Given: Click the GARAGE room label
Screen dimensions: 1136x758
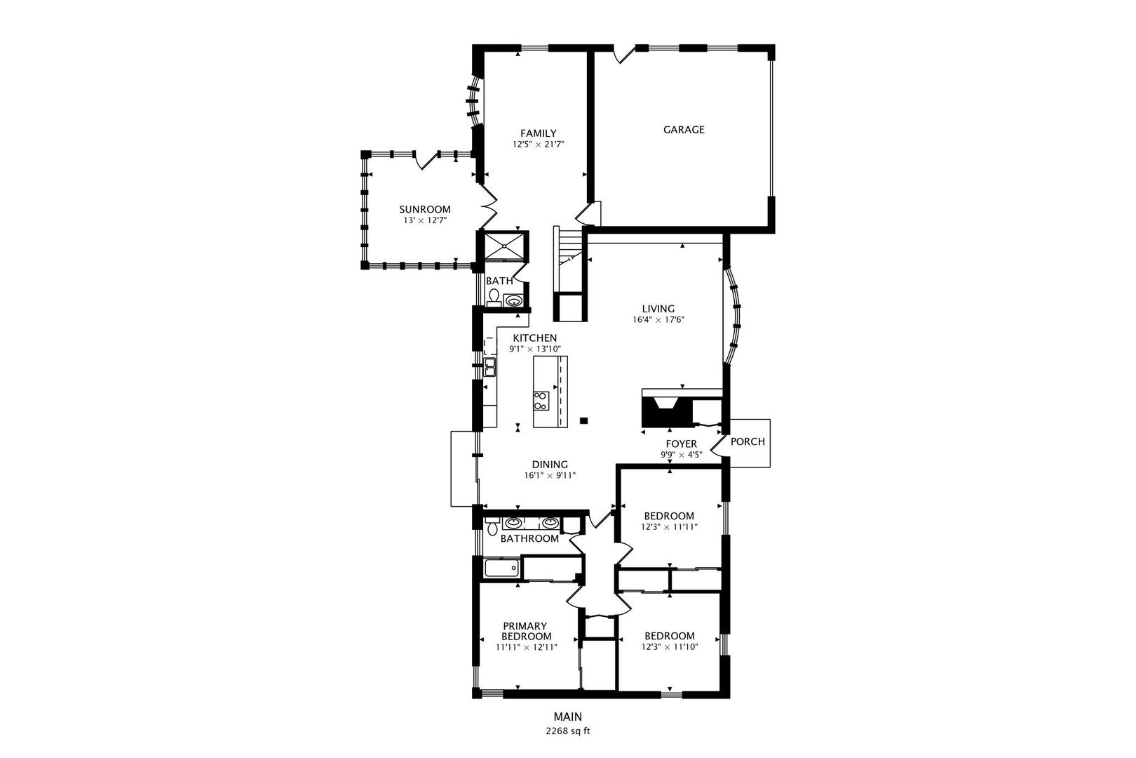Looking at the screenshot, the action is [684, 129].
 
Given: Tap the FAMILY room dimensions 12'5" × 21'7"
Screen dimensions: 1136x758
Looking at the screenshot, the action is [538, 144].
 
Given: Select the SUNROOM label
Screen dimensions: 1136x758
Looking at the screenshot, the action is [424, 209].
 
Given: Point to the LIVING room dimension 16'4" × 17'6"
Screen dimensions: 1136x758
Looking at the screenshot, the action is [658, 320].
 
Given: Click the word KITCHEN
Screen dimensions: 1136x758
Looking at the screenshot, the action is [534, 338].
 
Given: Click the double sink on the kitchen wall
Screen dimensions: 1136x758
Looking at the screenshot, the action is [490, 366].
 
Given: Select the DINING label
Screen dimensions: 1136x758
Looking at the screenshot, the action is [550, 464].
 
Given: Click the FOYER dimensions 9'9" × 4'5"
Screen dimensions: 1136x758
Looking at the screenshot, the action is [681, 455].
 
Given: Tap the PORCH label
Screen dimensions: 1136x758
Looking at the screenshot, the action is [748, 441].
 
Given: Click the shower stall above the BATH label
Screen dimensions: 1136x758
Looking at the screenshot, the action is [504, 246].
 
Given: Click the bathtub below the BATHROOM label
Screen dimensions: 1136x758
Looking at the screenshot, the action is [501, 568].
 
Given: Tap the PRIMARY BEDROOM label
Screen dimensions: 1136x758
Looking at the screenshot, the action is [526, 631].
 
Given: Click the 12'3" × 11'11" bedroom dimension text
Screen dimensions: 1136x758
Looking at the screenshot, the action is [669, 527].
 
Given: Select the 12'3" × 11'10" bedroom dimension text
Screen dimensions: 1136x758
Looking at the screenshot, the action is [670, 647].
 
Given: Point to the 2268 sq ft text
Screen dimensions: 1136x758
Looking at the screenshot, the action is [568, 731].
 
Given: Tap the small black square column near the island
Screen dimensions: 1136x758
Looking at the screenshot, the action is [583, 420].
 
